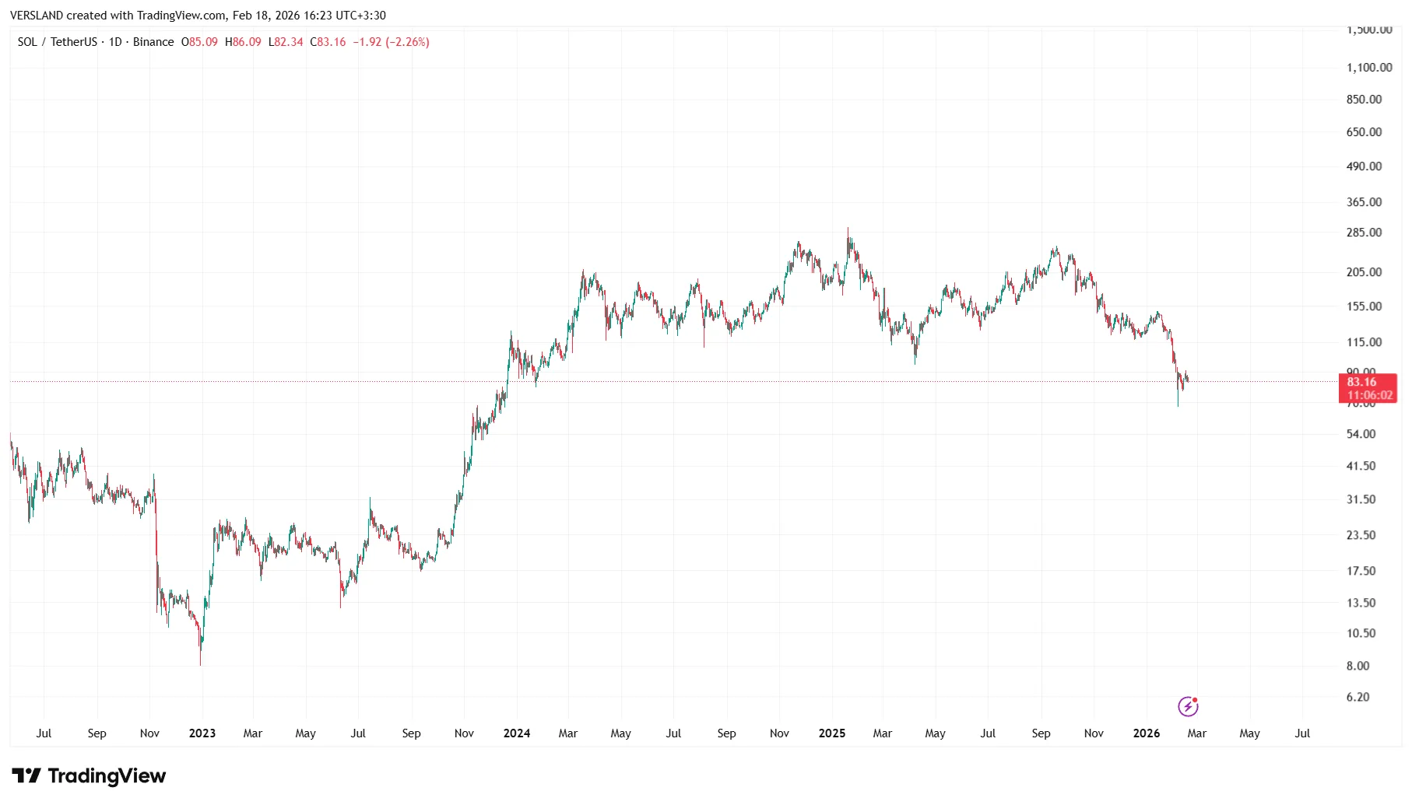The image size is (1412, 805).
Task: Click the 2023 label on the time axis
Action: click(x=202, y=733)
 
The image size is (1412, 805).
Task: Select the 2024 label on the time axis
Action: click(x=517, y=733)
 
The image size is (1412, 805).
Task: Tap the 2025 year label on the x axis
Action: click(x=832, y=733)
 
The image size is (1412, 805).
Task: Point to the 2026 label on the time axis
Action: click(x=1147, y=733)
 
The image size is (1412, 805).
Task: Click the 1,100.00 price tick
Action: click(x=1369, y=68)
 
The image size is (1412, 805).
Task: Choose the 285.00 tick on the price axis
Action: click(x=1364, y=233)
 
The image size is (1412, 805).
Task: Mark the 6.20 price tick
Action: click(x=1358, y=697)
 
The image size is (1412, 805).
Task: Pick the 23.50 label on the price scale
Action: click(x=1361, y=535)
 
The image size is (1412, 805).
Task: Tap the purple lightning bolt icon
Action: click(x=1188, y=706)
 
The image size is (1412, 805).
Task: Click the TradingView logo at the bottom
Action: click(x=89, y=775)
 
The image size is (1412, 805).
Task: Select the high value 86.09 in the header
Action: click(x=247, y=42)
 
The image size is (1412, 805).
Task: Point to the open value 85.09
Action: click(x=203, y=42)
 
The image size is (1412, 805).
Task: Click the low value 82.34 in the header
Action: click(x=289, y=42)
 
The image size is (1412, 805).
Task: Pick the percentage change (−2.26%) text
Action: click(x=407, y=42)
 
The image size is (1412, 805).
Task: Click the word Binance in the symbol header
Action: click(x=153, y=42)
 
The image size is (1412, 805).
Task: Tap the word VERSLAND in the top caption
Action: click(x=37, y=16)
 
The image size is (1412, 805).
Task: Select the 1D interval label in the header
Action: click(x=115, y=42)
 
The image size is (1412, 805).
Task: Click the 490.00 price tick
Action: click(x=1364, y=166)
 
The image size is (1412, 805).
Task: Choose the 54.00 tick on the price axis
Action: click(x=1361, y=434)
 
